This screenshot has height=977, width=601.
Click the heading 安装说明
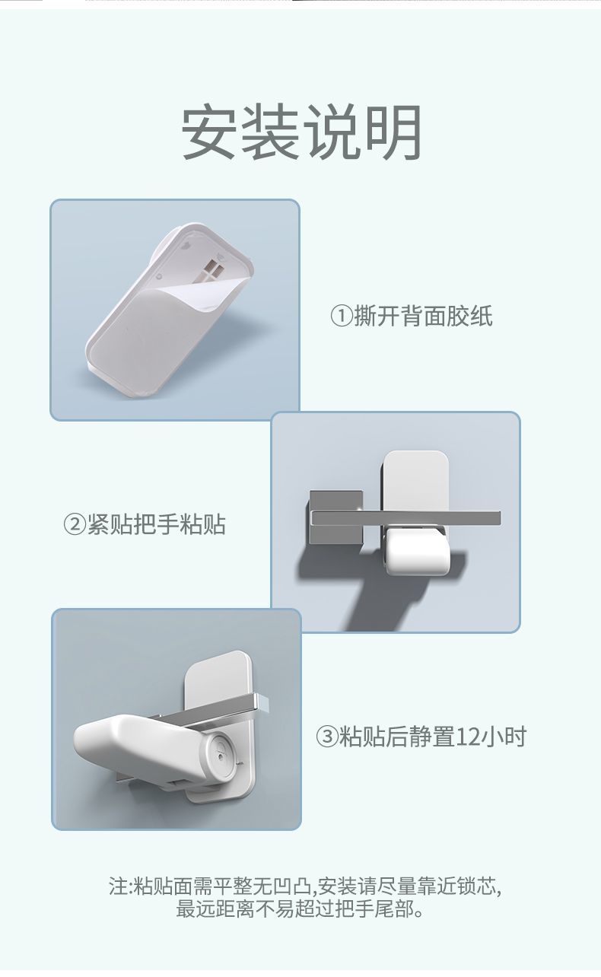click(x=301, y=132)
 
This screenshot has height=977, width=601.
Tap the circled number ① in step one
click(x=342, y=316)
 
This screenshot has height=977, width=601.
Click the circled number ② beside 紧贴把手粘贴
click(x=75, y=524)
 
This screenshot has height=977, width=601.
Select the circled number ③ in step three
click(x=326, y=737)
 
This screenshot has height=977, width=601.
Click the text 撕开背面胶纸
click(x=423, y=316)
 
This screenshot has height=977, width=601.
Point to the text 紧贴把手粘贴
click(x=156, y=524)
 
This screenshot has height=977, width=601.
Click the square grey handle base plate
click(x=335, y=517)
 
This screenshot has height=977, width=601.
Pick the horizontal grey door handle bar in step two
click(x=406, y=518)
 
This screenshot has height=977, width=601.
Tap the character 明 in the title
click(x=394, y=132)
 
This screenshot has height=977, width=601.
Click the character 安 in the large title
click(x=208, y=132)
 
